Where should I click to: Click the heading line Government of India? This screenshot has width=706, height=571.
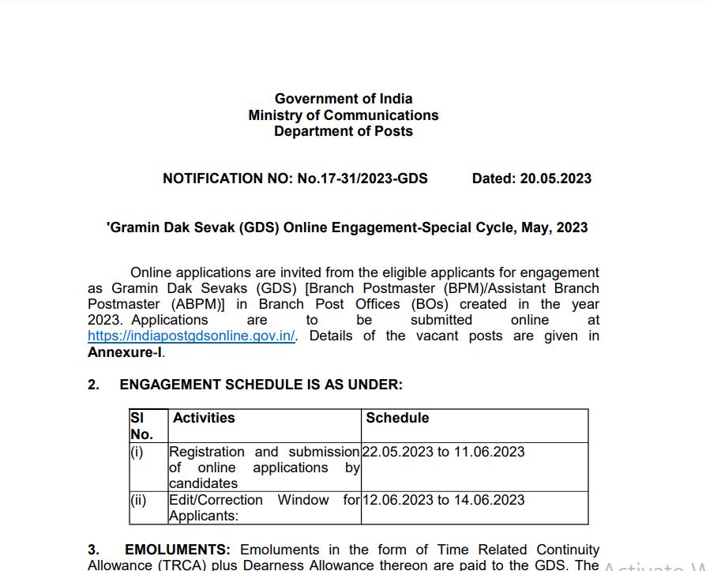pyautogui.click(x=344, y=99)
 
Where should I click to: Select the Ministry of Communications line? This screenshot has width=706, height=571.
pyautogui.click(x=344, y=115)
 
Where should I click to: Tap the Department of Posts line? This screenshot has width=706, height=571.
pyautogui.click(x=344, y=131)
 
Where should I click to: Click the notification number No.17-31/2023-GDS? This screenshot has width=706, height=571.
pyautogui.click(x=362, y=178)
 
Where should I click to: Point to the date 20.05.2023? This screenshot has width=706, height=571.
pyautogui.click(x=555, y=178)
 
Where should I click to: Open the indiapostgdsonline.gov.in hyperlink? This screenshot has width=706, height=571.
pyautogui.click(x=192, y=336)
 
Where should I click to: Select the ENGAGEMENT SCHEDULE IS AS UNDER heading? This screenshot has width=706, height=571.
pyautogui.click(x=261, y=385)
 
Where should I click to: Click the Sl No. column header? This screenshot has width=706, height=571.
pyautogui.click(x=141, y=426)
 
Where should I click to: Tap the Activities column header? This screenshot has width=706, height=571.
pyautogui.click(x=204, y=418)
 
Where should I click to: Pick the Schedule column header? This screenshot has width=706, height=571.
pyautogui.click(x=397, y=418)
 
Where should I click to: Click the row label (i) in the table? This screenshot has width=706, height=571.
pyautogui.click(x=137, y=452)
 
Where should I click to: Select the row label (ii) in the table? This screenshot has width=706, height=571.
pyautogui.click(x=138, y=500)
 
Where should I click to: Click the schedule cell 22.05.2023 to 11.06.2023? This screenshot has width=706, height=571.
pyautogui.click(x=444, y=452)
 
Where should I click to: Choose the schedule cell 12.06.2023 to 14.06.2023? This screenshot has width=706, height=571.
pyautogui.click(x=444, y=500)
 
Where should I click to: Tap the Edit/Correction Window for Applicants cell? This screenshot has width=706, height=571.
pyautogui.click(x=264, y=508)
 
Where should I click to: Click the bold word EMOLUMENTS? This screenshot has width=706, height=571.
pyautogui.click(x=178, y=550)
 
